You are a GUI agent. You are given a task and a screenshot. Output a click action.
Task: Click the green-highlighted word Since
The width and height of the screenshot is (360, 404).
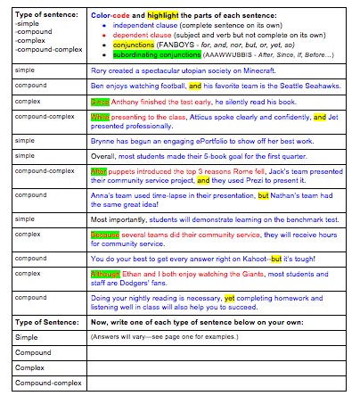(x=99, y=101)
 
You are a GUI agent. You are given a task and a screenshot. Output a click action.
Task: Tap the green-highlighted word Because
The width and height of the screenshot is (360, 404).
(x=105, y=235)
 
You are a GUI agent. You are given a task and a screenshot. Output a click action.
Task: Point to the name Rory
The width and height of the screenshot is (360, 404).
(x=100, y=69)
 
